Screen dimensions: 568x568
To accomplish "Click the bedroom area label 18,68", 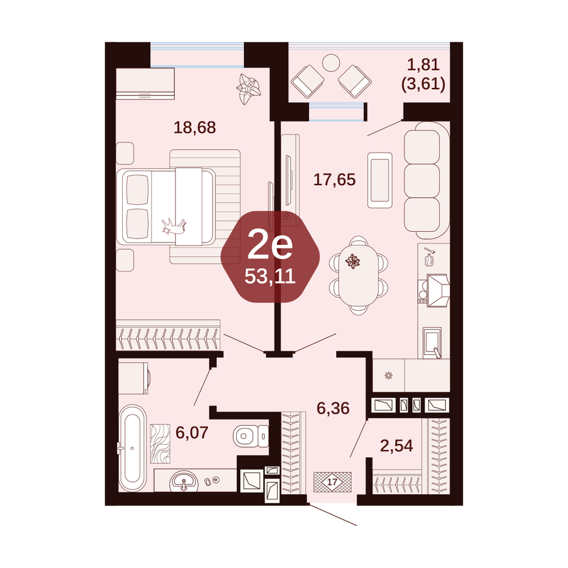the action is pyautogui.click(x=194, y=127).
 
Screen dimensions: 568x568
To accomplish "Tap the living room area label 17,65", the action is pyautogui.click(x=335, y=179).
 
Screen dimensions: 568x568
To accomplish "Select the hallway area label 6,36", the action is pyautogui.click(x=333, y=408).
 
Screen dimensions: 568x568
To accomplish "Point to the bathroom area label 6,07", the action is pyautogui.click(x=192, y=432).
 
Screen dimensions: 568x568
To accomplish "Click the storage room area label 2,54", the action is pyautogui.click(x=396, y=446).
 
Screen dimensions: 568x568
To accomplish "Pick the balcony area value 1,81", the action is pyautogui.click(x=423, y=65).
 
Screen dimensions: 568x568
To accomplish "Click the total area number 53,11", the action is pyautogui.click(x=270, y=277).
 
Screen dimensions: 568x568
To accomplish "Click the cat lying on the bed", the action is pyautogui.click(x=174, y=227).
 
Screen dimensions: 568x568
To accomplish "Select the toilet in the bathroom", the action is pyautogui.click(x=250, y=436).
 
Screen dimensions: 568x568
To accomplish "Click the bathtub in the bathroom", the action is pyautogui.click(x=132, y=448).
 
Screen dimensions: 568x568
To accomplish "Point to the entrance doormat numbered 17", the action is pyautogui.click(x=332, y=482).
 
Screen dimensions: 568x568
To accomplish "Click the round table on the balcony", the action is pyautogui.click(x=331, y=63).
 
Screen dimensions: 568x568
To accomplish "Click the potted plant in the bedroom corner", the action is pyautogui.click(x=248, y=89).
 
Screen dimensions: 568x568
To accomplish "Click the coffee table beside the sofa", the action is pyautogui.click(x=379, y=181).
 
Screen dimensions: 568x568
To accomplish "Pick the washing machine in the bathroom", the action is pyautogui.click(x=133, y=378).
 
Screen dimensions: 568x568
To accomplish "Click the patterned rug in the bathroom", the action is pyautogui.click(x=160, y=444).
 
